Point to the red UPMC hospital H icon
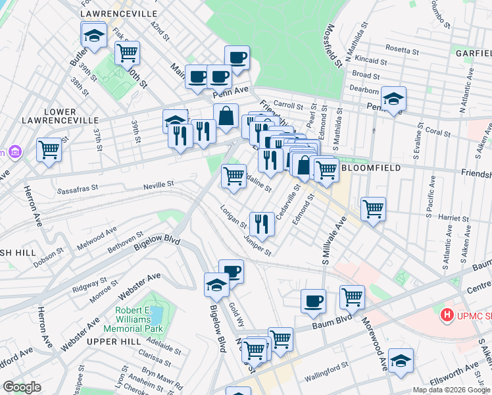tap(447, 315)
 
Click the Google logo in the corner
tap(22, 388)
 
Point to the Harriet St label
tap(447, 217)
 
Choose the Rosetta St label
tap(402, 49)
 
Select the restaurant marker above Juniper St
tap(262, 224)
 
